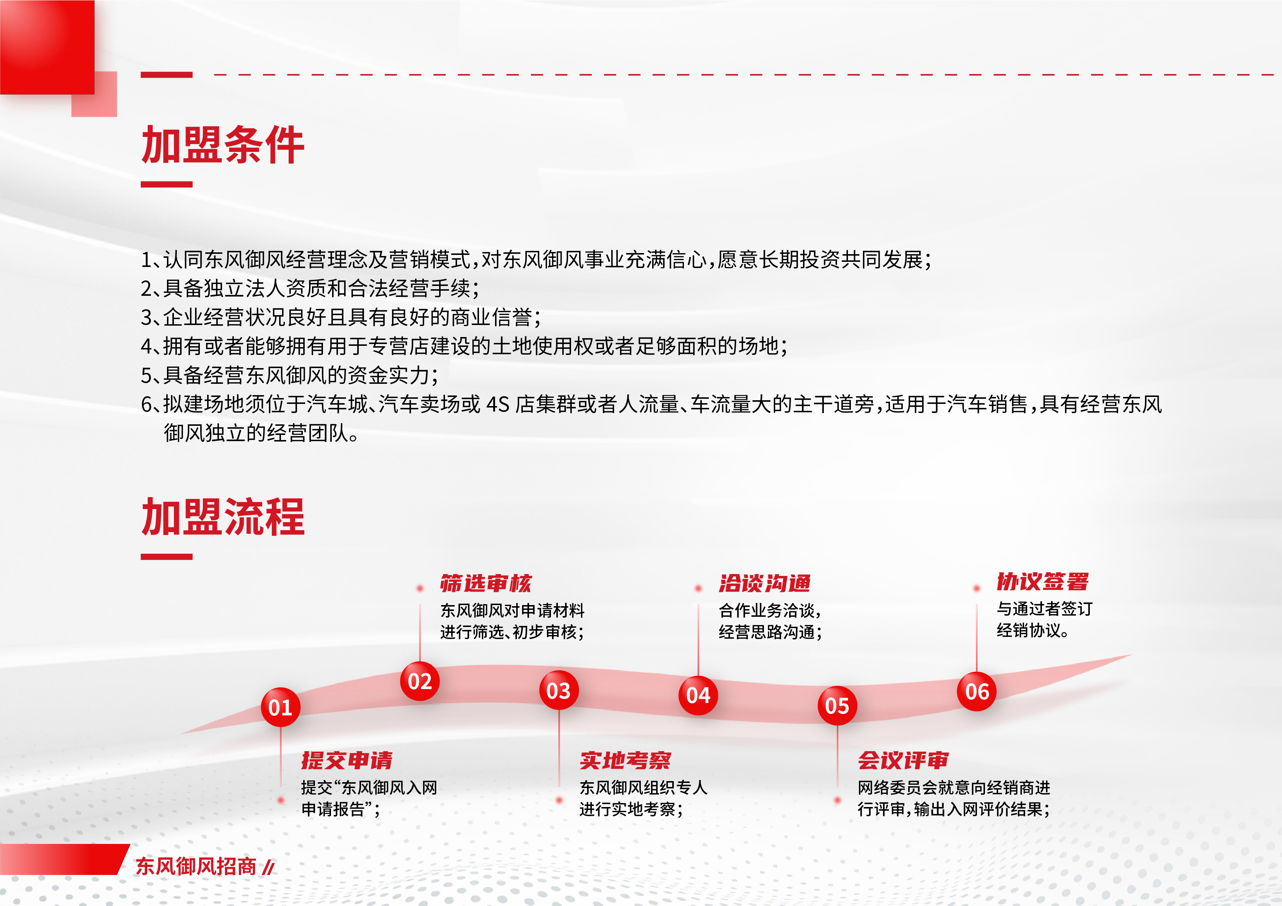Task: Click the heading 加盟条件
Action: point(223,145)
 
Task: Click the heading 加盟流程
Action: point(223,517)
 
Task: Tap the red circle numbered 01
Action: point(280,707)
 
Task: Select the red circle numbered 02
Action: point(420,681)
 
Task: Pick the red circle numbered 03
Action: point(559,691)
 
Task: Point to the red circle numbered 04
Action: point(698,695)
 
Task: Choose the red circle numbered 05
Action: point(837,706)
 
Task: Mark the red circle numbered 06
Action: point(977,692)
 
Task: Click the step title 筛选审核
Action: point(486,583)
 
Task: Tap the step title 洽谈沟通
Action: point(764,583)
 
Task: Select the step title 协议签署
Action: point(1042,582)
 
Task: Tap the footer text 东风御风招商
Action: point(196,866)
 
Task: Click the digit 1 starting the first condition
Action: point(146,260)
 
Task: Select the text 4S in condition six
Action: point(498,404)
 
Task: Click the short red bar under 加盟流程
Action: point(166,557)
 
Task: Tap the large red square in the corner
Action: point(47,47)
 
